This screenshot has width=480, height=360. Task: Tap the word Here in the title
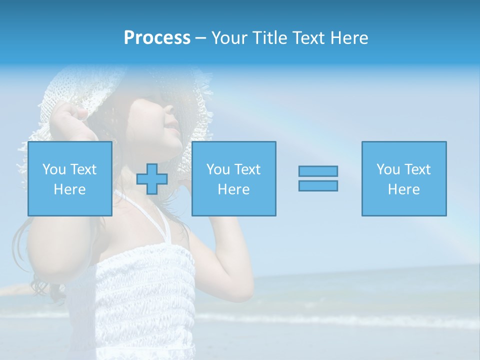349,38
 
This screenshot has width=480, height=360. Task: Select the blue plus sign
152,179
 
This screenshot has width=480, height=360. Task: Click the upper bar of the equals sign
318,171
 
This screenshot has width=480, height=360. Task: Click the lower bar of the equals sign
318,185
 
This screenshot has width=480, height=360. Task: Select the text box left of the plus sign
69,179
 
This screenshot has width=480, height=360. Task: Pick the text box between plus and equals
233,179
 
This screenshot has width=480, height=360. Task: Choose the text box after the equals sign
404,179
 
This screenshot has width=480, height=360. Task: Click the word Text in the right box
417,169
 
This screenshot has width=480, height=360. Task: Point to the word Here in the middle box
233,189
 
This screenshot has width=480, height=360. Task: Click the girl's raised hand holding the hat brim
72,120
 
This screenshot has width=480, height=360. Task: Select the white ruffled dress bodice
145,295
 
